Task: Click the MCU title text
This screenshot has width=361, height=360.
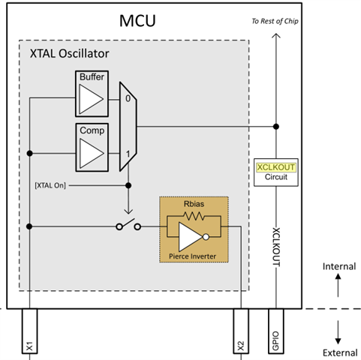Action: (137, 21)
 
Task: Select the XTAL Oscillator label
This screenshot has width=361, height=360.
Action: (69, 53)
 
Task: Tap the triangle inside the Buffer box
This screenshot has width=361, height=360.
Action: (91, 99)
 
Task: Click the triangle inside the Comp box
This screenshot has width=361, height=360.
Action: (92, 153)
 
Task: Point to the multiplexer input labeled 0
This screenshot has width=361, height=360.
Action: (128, 98)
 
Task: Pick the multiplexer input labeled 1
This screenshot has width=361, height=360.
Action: (128, 154)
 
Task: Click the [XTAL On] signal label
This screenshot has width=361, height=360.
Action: (50, 185)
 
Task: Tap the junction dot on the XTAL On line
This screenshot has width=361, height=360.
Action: (128, 185)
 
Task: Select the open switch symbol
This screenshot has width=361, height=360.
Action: (128, 224)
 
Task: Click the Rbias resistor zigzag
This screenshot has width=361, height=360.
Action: (194, 216)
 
